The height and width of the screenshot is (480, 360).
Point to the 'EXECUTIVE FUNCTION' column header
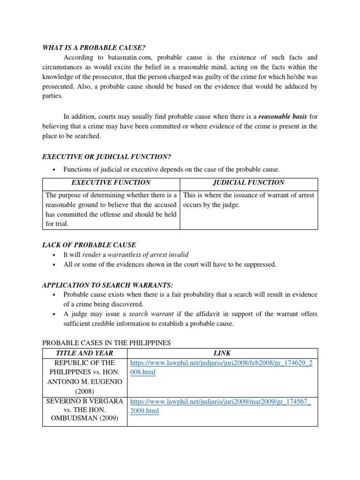coord(111,182)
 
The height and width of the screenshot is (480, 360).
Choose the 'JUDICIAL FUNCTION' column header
coord(248,182)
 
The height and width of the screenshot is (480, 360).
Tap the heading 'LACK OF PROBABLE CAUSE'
coord(89,245)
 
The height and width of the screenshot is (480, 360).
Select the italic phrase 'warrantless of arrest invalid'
coord(149,255)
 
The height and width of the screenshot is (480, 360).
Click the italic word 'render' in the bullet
coord(91,255)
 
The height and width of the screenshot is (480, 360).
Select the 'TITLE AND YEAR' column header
coord(84,353)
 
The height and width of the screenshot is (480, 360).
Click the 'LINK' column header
coord(222,353)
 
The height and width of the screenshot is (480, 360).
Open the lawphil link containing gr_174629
coord(221,367)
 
